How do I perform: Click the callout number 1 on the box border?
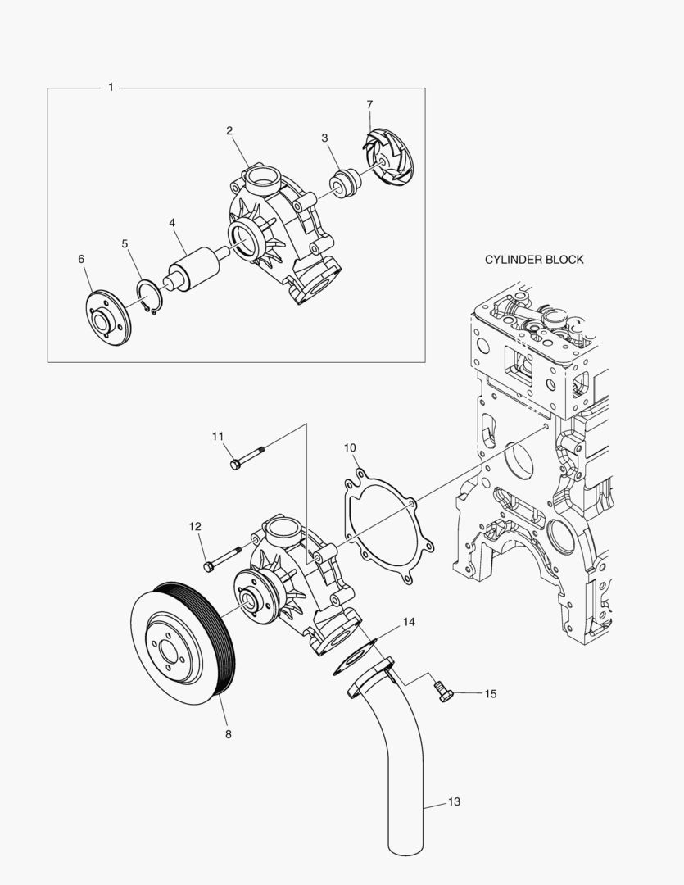pos(111,87)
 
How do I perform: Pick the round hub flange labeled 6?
pos(108,316)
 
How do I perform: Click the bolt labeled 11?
pos(248,456)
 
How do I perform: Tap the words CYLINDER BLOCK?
pos(534,260)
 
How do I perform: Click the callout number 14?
pos(409,623)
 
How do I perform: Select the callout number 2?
pos(229,130)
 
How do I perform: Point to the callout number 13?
pos(455,801)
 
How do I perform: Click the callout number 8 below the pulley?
pos(228,734)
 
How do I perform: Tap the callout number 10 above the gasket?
pos(350,447)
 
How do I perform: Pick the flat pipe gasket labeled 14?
pos(353,656)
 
